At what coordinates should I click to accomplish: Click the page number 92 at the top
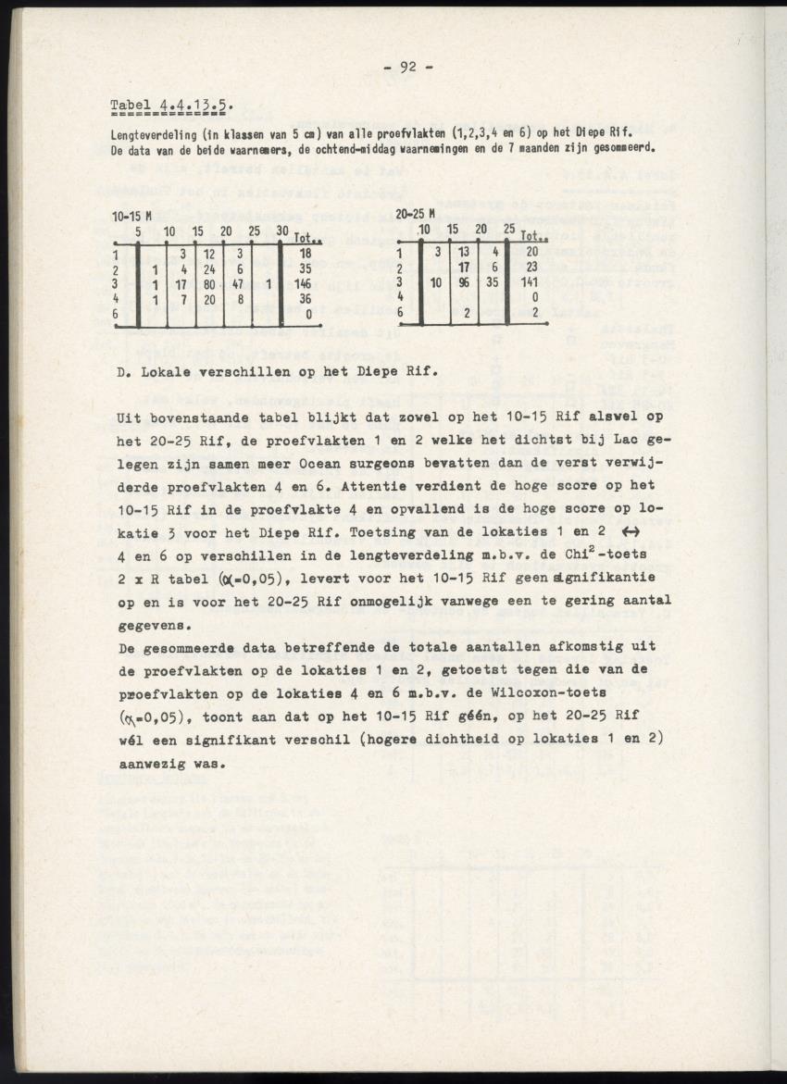click(x=407, y=66)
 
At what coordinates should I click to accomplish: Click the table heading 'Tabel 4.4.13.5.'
click(x=171, y=104)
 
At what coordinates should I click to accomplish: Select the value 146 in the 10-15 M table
click(x=305, y=284)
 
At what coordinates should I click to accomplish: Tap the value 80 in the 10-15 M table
click(x=210, y=284)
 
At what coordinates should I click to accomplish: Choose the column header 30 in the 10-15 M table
click(x=283, y=231)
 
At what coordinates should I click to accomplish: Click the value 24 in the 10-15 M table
click(x=210, y=268)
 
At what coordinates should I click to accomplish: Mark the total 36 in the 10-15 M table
click(x=305, y=299)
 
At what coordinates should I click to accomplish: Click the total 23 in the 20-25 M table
click(x=531, y=268)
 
